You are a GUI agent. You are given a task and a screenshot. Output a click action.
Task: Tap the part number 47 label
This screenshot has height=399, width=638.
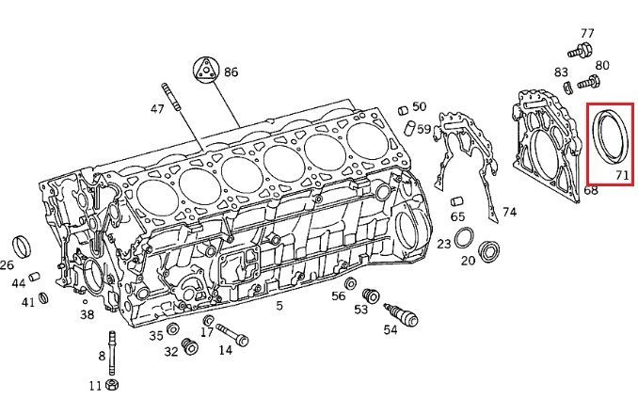(157, 109)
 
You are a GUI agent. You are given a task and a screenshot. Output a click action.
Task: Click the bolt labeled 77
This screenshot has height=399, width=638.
(581, 51)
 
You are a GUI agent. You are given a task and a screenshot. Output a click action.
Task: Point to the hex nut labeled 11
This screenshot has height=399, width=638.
(112, 384)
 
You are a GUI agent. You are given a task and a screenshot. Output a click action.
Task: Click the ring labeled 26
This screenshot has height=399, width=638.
(22, 247)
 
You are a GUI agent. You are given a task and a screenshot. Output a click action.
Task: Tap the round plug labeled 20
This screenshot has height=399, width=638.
(488, 252)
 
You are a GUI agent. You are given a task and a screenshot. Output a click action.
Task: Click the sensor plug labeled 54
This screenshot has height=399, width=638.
(401, 315)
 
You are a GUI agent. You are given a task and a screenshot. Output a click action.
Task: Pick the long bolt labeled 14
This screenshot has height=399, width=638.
(232, 335)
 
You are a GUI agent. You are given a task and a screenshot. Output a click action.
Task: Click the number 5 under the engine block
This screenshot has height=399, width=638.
(279, 305)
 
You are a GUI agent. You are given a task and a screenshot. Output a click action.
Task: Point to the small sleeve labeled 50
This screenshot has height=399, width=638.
(404, 110)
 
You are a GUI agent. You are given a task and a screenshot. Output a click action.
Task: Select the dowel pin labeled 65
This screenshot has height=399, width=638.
(457, 201)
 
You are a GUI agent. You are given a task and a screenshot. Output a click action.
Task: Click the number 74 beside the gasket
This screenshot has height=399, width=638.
(509, 212)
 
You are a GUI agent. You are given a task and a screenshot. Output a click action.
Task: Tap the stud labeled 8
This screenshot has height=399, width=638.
(111, 353)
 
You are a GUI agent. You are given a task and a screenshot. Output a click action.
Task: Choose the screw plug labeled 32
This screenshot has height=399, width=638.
(189, 345)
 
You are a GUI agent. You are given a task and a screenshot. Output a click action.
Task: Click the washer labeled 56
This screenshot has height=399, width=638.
(350, 283)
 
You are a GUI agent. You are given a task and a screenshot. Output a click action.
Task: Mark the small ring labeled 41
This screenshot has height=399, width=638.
(43, 298)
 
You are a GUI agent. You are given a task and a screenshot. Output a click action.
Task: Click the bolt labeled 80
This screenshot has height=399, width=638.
(589, 82)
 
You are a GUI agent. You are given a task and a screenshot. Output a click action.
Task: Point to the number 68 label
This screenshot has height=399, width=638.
(591, 190)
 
